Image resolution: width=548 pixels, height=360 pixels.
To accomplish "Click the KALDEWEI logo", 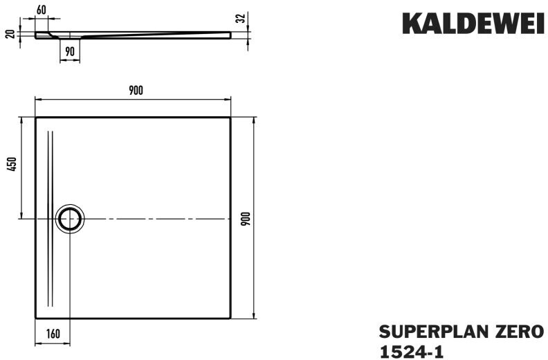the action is [473, 24].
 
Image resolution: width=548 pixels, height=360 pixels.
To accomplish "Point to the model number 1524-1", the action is [412, 351].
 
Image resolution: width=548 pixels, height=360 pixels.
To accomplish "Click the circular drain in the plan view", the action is [70, 219].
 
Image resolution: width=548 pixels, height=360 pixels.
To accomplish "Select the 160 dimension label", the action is [53, 334].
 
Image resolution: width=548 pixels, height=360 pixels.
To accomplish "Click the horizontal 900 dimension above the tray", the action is [136, 91].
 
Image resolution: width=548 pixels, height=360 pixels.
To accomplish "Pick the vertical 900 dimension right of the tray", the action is [246, 219].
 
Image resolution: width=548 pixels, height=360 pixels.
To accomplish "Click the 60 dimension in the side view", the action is [42, 10].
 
